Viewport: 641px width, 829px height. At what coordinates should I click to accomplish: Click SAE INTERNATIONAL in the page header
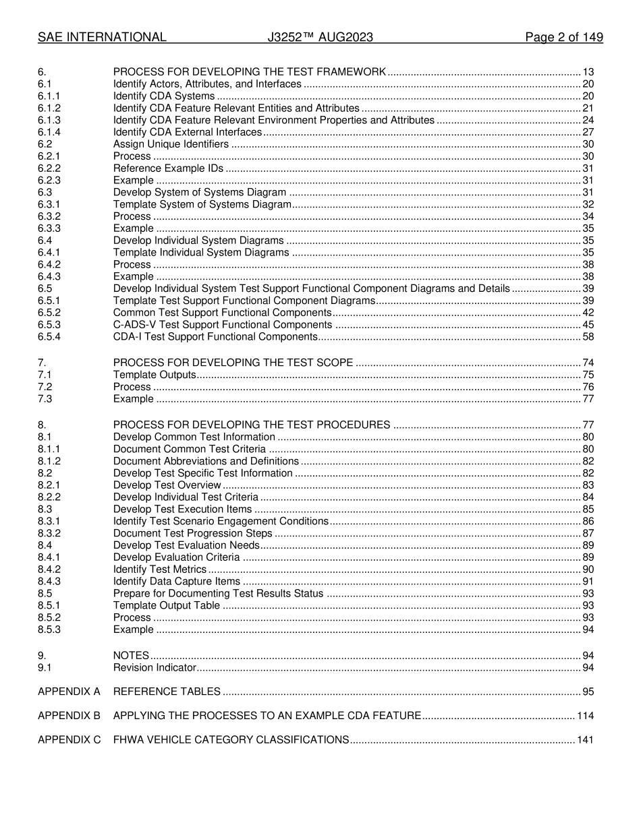102,38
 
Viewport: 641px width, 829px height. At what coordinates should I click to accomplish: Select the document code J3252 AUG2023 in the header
320,38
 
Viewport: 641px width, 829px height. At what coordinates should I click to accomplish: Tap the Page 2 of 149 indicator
563,38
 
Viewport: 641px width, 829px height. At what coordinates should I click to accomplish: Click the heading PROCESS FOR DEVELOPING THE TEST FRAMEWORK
250,72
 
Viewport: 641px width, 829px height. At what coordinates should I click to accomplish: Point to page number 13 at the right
588,72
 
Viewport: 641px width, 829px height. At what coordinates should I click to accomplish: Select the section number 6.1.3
49,120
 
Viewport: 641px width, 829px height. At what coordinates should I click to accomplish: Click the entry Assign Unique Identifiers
171,144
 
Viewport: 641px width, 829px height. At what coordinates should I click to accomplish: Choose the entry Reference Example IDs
168,168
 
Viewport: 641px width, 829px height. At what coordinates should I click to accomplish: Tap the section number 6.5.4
49,336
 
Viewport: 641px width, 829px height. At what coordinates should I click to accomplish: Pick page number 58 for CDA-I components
588,336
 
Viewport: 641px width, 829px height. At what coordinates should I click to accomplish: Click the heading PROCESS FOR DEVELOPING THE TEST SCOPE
233,363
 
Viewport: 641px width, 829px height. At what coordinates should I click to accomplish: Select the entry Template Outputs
155,375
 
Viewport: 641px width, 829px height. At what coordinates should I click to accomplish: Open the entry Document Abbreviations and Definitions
206,461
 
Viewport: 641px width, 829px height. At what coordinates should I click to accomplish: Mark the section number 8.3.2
49,533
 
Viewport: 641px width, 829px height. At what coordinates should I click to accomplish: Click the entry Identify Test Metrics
160,570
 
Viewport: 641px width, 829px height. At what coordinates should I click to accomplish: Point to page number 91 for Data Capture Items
588,582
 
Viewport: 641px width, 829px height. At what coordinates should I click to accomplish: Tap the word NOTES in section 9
131,656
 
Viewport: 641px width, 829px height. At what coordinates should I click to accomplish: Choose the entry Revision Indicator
155,668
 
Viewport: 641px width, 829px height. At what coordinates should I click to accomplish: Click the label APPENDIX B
69,716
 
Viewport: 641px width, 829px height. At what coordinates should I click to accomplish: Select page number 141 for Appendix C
585,740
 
